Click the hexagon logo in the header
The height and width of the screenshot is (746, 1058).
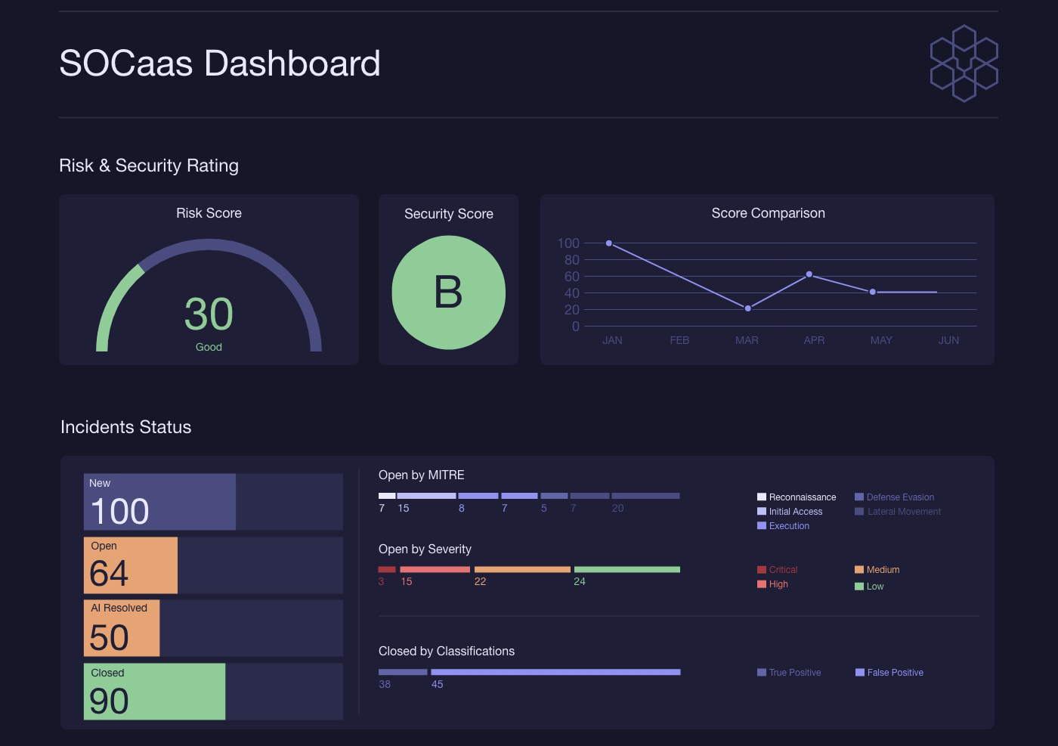964,63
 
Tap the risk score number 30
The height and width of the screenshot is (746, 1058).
209,314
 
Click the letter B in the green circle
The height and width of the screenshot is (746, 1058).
448,292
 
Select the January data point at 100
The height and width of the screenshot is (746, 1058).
609,243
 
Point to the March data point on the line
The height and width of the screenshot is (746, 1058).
747,308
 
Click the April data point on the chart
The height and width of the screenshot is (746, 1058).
809,274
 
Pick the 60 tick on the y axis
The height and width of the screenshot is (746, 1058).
571,277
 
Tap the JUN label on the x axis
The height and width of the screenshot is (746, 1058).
948,340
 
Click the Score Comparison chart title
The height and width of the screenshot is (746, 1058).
768,213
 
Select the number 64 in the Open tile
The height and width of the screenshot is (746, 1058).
109,573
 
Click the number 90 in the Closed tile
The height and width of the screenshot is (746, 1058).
109,701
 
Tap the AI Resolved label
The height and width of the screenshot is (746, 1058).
119,608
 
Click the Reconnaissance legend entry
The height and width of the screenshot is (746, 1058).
797,497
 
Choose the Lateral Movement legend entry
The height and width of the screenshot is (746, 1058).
898,512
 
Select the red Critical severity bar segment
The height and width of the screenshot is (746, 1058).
387,569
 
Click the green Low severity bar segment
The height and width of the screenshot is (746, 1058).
627,569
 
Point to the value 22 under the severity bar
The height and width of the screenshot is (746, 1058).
480,581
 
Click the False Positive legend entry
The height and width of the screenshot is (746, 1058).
889,672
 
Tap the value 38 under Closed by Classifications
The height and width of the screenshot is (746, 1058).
385,684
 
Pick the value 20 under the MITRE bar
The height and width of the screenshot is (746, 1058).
618,509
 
